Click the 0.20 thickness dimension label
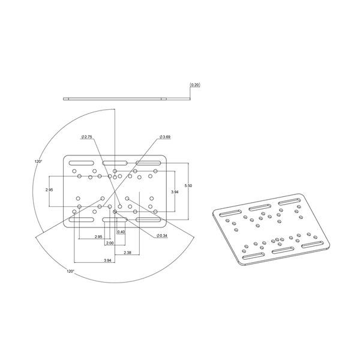point(195,86)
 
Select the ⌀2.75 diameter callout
point(86,137)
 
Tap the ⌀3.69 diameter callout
point(163,137)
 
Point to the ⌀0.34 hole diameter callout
point(160,235)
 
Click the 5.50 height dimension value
point(188,186)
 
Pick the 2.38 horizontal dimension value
point(127,253)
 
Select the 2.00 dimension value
point(109,243)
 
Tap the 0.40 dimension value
point(121,232)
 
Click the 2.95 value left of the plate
point(50,190)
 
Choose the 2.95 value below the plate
point(98,236)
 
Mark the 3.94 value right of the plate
point(175,191)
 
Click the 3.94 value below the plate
point(107,260)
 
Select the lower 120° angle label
point(70,271)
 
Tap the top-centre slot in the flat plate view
point(114,163)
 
